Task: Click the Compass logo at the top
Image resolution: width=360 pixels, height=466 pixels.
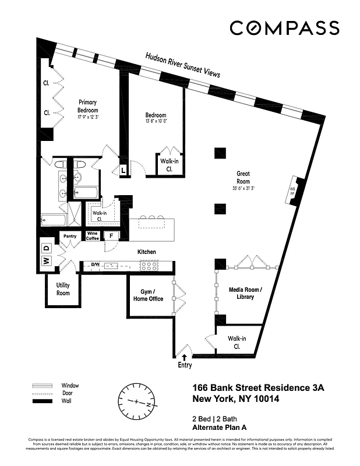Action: pos(284,28)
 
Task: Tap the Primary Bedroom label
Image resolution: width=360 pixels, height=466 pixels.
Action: pos(87,106)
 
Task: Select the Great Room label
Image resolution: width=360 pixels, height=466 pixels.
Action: pos(243,177)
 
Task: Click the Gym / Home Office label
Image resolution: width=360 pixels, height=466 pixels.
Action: pos(148,295)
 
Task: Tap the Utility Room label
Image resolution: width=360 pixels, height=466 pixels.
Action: pos(63,289)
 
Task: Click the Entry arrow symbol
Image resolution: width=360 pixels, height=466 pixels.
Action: pos(185,357)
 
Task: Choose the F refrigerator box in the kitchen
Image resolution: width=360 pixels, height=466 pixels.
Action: pos(111,236)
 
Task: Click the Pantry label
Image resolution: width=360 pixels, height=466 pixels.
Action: pos(70,236)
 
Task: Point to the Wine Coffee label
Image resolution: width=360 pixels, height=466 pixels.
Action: pos(93,236)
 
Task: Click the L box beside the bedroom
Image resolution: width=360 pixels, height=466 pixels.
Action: pos(123,170)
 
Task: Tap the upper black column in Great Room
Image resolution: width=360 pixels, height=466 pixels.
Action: pos(220,153)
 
